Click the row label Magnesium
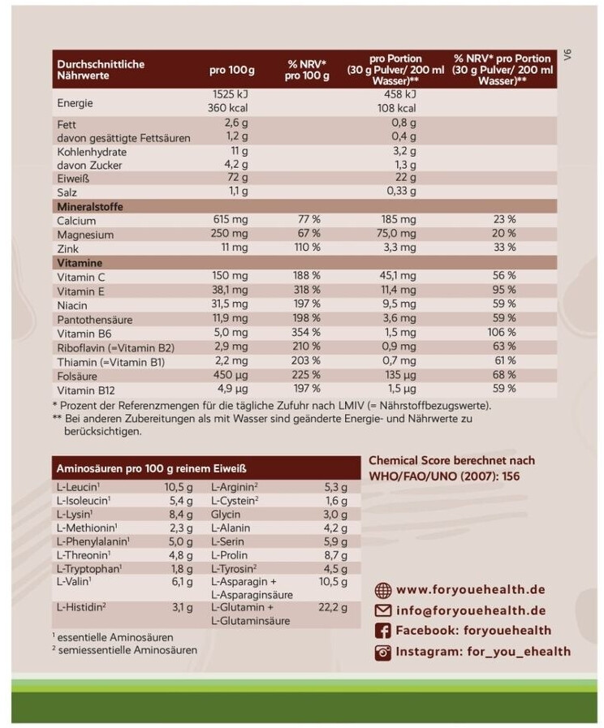[85, 235]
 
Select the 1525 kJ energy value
[228, 93]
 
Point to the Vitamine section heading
[78, 263]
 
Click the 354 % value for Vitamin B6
[308, 333]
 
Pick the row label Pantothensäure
[95, 319]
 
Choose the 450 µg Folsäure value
[230, 375]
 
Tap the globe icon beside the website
[382, 590]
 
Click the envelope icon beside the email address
[382, 610]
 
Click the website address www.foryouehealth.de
[470, 590]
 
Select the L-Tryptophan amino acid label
[88, 567]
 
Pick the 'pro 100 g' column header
[231, 70]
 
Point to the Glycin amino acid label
[227, 514]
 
